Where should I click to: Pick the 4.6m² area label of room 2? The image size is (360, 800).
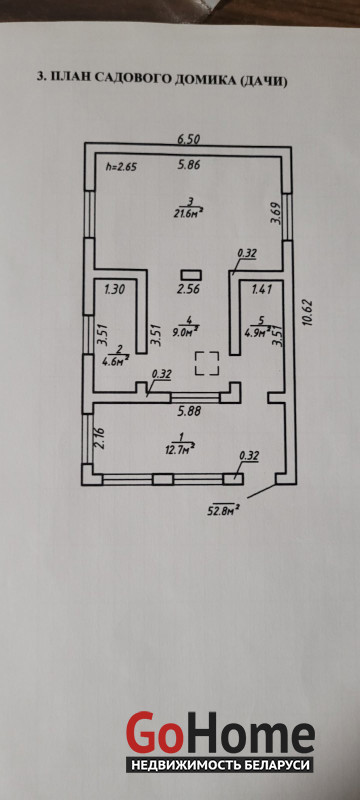(x=119, y=358)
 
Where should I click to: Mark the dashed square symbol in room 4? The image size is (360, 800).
(x=208, y=364)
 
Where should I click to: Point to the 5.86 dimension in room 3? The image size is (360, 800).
(x=189, y=165)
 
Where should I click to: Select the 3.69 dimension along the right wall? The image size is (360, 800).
(x=275, y=214)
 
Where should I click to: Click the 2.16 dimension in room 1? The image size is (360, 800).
(x=100, y=438)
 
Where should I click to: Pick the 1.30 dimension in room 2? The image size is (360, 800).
(x=115, y=289)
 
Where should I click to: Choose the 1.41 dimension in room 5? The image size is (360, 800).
(x=263, y=289)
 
